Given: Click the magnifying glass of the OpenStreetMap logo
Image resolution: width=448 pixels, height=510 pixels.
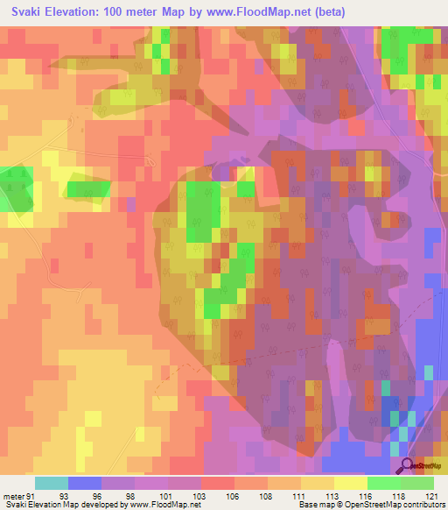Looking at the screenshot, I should [407, 466].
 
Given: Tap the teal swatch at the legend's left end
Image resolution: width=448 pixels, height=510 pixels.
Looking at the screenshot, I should [52, 483].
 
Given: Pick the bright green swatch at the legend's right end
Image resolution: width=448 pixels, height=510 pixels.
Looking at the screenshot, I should [417, 483].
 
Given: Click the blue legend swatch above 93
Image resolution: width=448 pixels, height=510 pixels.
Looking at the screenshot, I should [85, 483].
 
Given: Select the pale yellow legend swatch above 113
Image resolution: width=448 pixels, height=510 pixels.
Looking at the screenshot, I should [351, 483].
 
